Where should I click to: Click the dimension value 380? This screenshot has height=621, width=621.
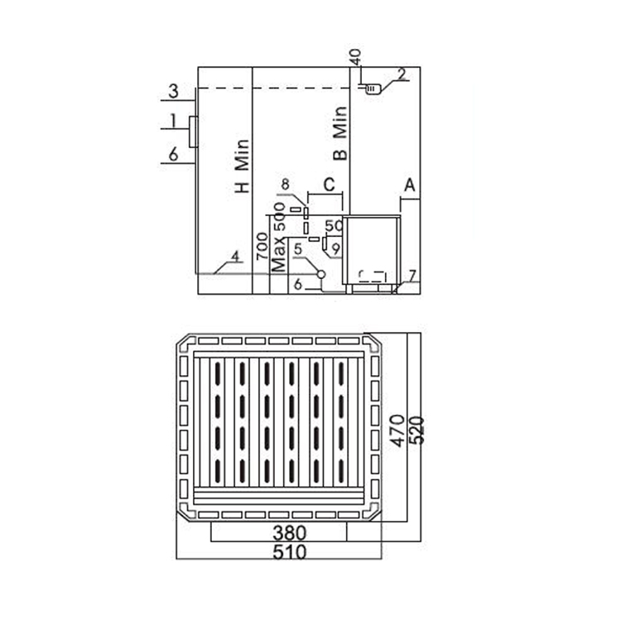290,533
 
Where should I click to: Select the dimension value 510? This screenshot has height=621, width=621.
290,551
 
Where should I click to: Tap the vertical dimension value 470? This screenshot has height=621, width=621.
397,431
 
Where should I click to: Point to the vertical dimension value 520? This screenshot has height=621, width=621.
416,431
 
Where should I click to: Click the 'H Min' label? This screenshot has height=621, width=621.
242,166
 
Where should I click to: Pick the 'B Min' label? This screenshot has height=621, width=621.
340,133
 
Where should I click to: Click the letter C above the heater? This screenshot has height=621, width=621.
329,185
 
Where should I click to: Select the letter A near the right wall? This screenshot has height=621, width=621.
410,185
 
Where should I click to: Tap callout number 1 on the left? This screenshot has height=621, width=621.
173,120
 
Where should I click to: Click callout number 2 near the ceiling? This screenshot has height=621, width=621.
402,74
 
